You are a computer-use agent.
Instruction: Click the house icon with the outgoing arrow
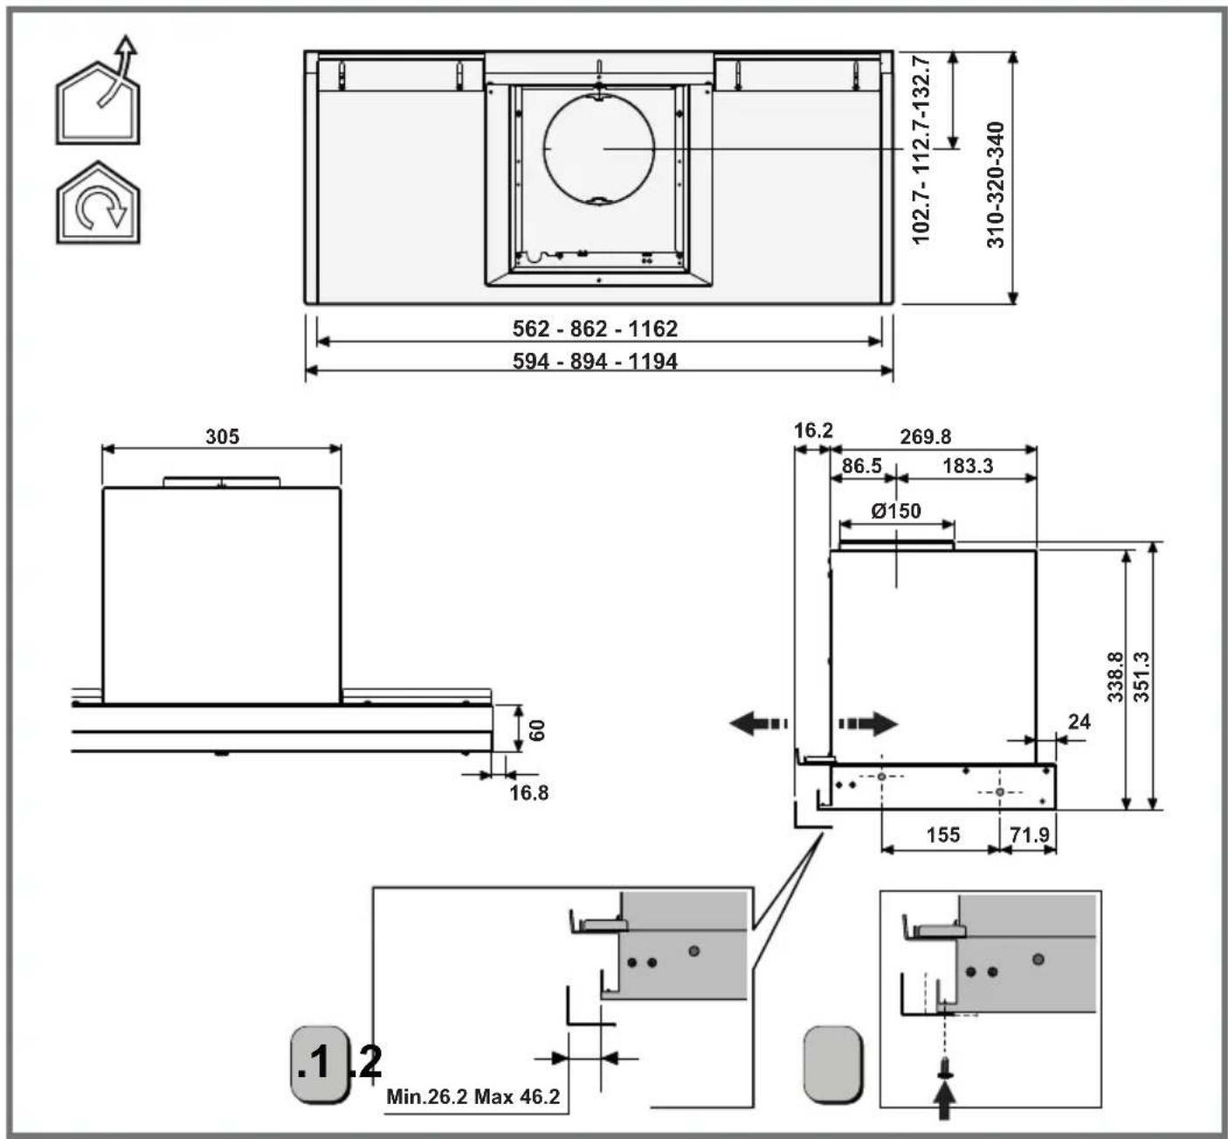(x=98, y=91)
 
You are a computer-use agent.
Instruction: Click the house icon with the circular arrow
(x=98, y=203)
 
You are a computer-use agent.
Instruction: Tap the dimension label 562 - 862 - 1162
(x=595, y=328)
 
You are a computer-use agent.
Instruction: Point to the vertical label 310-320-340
(x=995, y=184)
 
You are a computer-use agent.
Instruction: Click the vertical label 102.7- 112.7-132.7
(x=921, y=149)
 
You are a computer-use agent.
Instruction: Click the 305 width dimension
(x=222, y=437)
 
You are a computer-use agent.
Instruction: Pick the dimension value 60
(x=537, y=730)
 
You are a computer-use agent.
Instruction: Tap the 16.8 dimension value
(x=528, y=792)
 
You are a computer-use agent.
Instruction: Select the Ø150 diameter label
(x=896, y=511)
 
